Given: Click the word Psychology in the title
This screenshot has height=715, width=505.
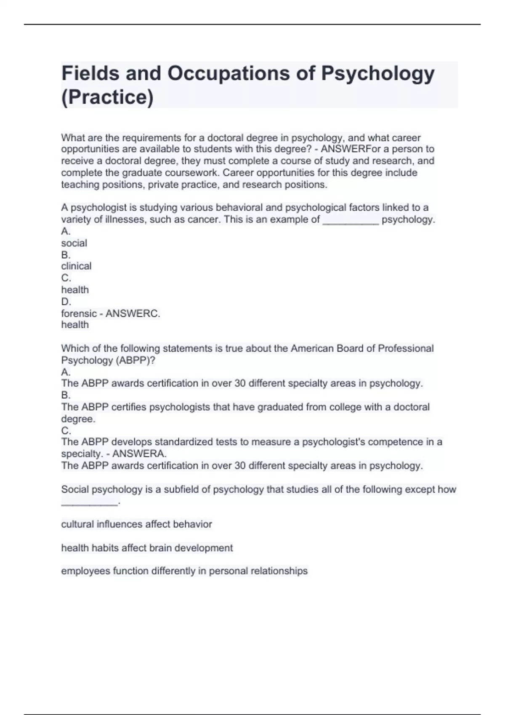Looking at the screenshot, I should pos(377,74).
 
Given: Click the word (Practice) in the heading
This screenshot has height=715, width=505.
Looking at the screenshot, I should pos(107,97).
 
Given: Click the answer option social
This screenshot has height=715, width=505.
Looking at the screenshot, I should pos(74,243).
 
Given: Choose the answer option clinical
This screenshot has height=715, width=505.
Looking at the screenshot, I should pos(76,266).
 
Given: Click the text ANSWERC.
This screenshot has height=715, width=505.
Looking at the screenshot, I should pos(133,313).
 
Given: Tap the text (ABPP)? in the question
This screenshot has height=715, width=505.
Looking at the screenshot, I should pos(136,360).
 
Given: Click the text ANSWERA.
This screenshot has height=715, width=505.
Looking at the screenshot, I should pos(139,454).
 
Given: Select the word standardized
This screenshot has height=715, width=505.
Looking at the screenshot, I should pos(183,442).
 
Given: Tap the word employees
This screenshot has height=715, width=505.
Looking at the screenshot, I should pos(85,571).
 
